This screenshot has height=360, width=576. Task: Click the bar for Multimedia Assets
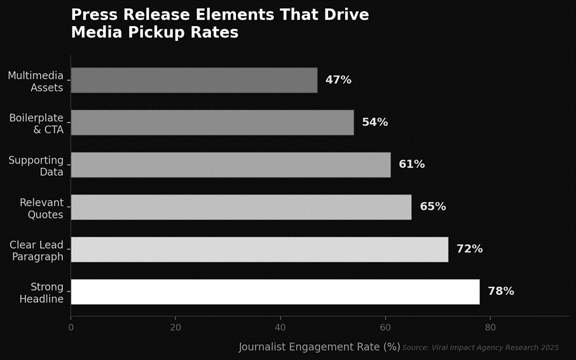[x=194, y=80]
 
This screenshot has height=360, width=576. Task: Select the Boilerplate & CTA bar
[x=212, y=122]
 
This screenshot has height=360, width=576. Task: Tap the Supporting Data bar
[x=230, y=165]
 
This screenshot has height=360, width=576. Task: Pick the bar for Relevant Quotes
[x=241, y=207]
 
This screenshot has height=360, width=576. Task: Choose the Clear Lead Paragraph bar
[x=259, y=249]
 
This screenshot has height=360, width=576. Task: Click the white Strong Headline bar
[x=275, y=291]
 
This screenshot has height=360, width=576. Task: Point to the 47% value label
[x=338, y=80]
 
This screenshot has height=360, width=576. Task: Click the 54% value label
[x=374, y=122]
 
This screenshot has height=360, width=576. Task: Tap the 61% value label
[x=411, y=165]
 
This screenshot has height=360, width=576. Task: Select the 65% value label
[x=432, y=207]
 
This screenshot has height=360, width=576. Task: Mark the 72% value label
[x=469, y=249]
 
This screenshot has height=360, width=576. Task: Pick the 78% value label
[x=501, y=291]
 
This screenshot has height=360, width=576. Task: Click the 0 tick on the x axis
[x=71, y=328]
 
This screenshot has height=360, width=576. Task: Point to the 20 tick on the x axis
[x=175, y=328]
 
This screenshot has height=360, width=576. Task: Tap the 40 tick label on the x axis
[x=280, y=328]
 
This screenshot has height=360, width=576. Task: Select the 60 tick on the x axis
[x=385, y=328]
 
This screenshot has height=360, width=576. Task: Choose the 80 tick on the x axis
[x=490, y=328]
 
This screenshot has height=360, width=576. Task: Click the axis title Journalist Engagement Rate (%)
[x=319, y=347]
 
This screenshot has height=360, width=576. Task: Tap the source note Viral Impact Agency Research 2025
[x=481, y=347]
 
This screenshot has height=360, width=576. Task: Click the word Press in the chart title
[x=92, y=15]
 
